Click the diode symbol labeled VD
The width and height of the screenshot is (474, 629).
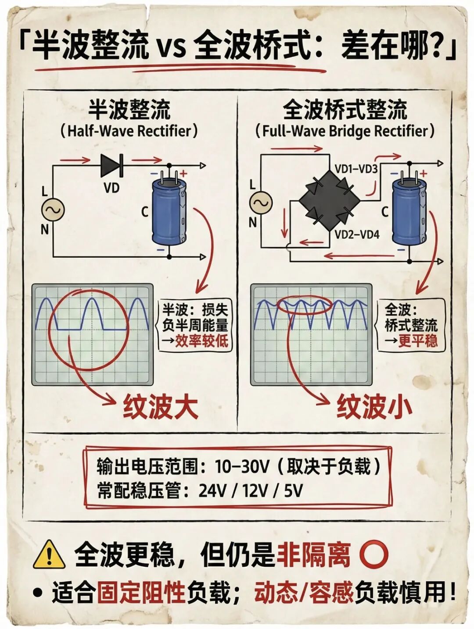111,166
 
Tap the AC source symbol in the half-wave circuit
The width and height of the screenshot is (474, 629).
53,210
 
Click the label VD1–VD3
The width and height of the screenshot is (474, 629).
356,169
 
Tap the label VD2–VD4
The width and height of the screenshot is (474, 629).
356,235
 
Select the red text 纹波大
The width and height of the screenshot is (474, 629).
161,407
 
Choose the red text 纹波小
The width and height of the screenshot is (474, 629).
374,407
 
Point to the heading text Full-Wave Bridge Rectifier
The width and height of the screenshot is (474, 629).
345,131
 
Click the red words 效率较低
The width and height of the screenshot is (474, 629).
201,341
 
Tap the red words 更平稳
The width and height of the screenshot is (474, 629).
417,341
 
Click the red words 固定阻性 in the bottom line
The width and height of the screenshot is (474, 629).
140,594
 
